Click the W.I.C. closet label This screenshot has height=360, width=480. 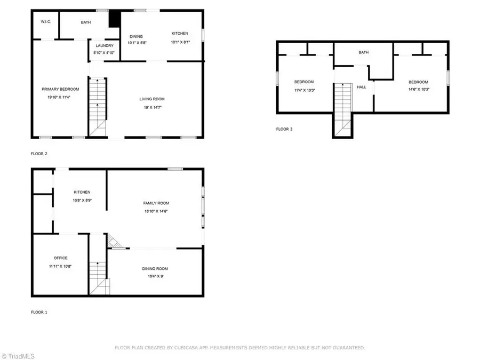(x=45, y=22)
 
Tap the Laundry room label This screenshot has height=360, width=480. (x=105, y=46)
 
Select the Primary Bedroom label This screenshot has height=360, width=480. (x=60, y=89)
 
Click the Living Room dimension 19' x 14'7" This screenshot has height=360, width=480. (x=152, y=107)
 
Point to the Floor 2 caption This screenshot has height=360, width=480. (x=39, y=154)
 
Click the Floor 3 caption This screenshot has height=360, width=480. (x=284, y=129)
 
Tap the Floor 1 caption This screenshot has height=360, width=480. (x=39, y=313)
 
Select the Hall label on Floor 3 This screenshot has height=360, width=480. (x=362, y=86)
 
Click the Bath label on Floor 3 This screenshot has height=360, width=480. (x=363, y=52)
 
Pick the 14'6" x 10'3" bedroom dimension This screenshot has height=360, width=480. (x=419, y=89)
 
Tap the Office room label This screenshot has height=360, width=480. (x=60, y=258)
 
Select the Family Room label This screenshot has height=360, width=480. (x=156, y=203)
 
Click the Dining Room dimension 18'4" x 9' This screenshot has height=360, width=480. (x=155, y=276)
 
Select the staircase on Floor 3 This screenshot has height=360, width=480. (x=342, y=109)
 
